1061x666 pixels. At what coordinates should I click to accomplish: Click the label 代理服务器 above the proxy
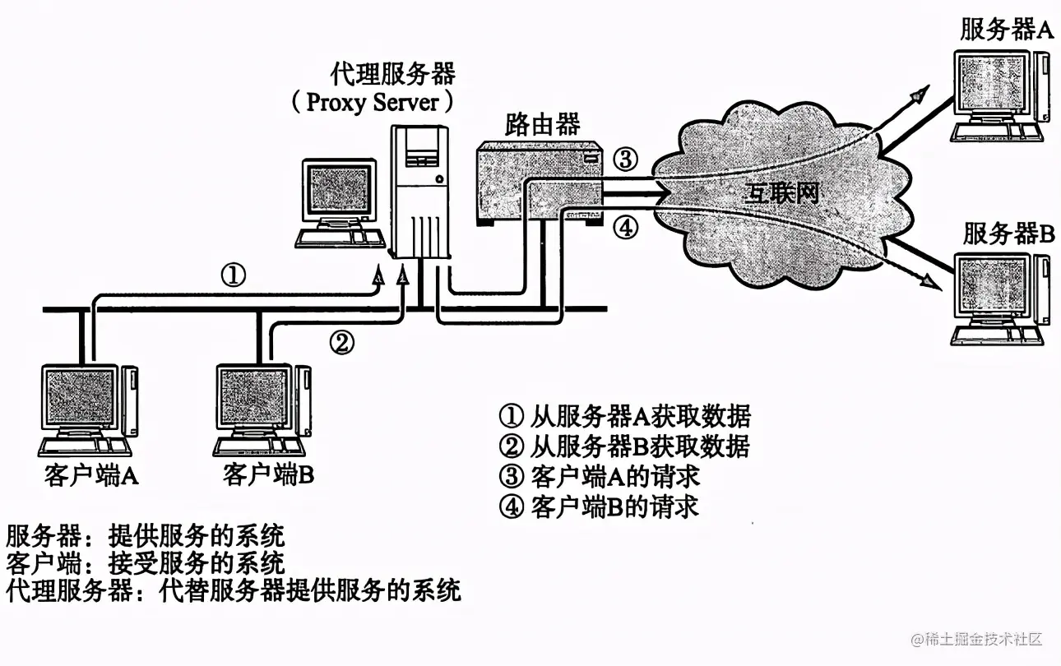tap(392, 73)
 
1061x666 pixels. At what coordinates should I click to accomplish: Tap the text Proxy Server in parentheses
tap(372, 103)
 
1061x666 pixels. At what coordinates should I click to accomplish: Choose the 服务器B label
tap(1008, 234)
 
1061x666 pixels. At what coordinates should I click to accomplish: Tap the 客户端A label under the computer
tap(91, 476)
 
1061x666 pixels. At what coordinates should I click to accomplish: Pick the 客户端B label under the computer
tap(268, 476)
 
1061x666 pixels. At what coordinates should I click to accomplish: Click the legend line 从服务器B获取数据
tap(625, 446)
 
